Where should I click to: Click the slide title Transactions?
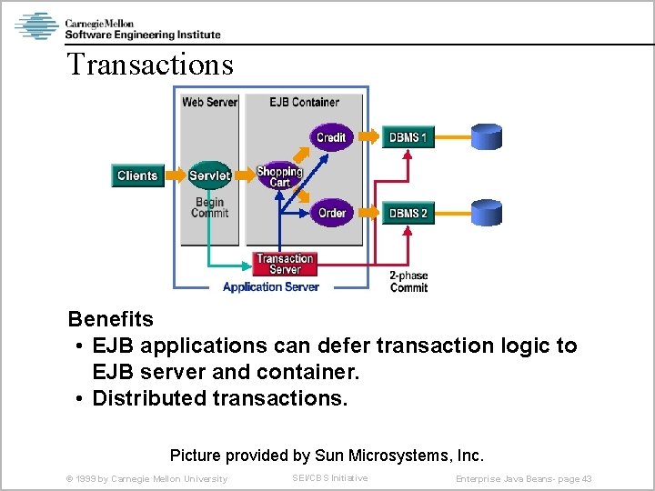pyautogui.click(x=150, y=65)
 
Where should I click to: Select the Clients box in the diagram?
pyautogui.click(x=137, y=175)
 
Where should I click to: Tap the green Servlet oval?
pyautogui.click(x=209, y=175)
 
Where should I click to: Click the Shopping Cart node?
pyautogui.click(x=279, y=176)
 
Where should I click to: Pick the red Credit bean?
pyautogui.click(x=330, y=137)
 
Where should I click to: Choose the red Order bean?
pyautogui.click(x=331, y=214)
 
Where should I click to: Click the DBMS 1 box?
pyautogui.click(x=408, y=138)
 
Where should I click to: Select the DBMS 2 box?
pyautogui.click(x=408, y=215)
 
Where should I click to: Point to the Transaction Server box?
pyautogui.click(x=285, y=264)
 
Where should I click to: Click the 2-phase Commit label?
pyautogui.click(x=408, y=281)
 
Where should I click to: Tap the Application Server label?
pyautogui.click(x=270, y=287)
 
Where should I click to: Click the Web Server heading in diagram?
pyautogui.click(x=209, y=102)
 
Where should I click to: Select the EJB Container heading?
pyautogui.click(x=304, y=102)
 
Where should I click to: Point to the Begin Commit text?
pyautogui.click(x=209, y=207)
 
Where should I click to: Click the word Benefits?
pyautogui.click(x=111, y=320)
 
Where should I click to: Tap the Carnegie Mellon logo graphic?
pyautogui.click(x=36, y=25)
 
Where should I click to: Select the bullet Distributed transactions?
pyautogui.click(x=219, y=398)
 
